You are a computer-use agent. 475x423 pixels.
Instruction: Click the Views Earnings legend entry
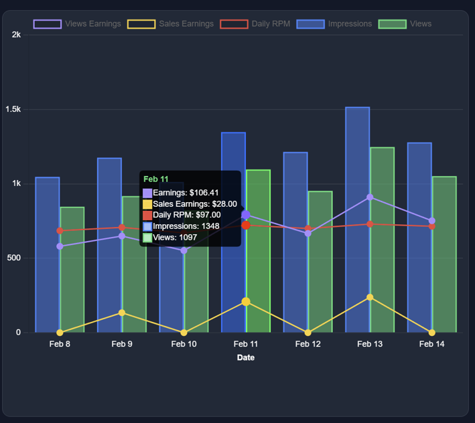coord(77,24)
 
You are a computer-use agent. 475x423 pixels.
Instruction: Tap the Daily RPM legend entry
coord(257,24)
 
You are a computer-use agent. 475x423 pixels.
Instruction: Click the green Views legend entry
coord(405,24)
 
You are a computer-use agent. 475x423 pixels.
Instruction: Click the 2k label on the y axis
coord(16,35)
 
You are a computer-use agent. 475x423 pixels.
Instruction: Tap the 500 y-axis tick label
coord(13,258)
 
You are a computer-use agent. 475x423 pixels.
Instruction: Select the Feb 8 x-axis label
coord(60,344)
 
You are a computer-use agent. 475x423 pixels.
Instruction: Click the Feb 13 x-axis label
coord(370,344)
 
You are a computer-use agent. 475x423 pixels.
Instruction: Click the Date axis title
coord(246,357)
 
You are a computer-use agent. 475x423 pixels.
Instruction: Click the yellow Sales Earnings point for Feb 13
coord(370,297)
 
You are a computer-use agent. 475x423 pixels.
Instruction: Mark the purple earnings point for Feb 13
coord(370,197)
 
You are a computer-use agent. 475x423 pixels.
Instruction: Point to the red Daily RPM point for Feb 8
coord(60,231)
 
